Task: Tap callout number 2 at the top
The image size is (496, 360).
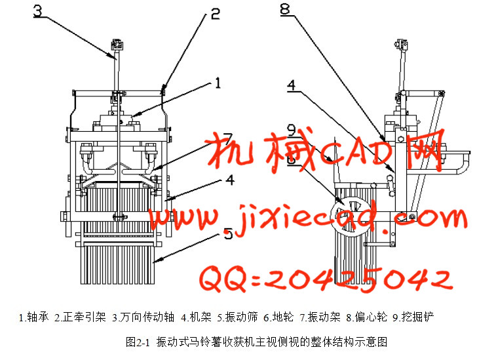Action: pyautogui.click(x=215, y=14)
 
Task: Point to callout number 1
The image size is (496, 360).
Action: pyautogui.click(x=218, y=83)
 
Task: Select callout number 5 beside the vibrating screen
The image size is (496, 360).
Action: pyautogui.click(x=228, y=234)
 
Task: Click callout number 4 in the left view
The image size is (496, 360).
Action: pyautogui.click(x=230, y=180)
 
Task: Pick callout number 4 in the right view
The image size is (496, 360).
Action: pyautogui.click(x=292, y=85)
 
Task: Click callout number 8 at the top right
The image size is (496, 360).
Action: pyautogui.click(x=285, y=9)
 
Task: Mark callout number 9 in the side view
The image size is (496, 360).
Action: pyautogui.click(x=292, y=130)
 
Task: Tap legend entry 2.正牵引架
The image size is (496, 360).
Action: pyautogui.click(x=80, y=317)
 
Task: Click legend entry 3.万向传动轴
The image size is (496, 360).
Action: pyautogui.click(x=143, y=317)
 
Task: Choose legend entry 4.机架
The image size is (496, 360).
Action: pyautogui.click(x=196, y=317)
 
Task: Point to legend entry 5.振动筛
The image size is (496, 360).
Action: pyautogui.click(x=238, y=317)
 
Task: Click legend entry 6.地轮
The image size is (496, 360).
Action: pyautogui.click(x=278, y=317)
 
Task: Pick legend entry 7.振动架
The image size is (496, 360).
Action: pyautogui.click(x=320, y=317)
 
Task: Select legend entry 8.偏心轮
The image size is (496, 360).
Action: pyautogui.click(x=367, y=317)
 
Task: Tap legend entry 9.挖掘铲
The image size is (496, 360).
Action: pyautogui.click(x=413, y=317)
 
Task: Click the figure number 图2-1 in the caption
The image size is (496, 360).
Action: pyautogui.click(x=138, y=342)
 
